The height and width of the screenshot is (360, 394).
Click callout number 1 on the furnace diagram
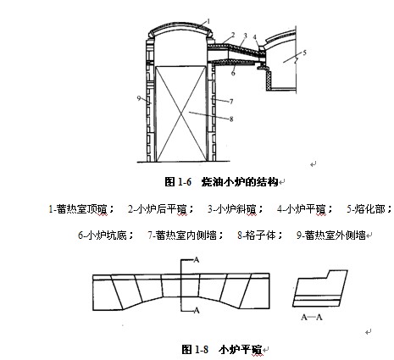point(208,21)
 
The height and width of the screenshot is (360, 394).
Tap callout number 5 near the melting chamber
point(304,53)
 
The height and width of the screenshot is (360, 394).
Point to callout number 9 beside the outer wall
point(139,98)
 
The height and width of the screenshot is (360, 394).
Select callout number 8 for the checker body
point(231,119)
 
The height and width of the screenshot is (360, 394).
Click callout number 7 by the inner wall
point(231,102)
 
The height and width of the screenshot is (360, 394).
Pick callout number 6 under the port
point(233,73)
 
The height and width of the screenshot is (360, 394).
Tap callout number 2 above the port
point(233,35)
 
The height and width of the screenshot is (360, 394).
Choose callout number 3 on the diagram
point(245,36)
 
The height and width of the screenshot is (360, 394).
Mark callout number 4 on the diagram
point(255,37)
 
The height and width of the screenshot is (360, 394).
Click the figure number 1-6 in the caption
point(185,182)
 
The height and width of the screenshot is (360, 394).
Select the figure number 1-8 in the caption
point(202,350)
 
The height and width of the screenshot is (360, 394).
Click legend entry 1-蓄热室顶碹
point(81,209)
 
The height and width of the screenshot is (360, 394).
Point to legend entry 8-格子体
point(260,235)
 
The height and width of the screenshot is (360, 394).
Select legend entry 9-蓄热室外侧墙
point(331,235)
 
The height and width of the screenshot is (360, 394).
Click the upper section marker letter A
point(196,260)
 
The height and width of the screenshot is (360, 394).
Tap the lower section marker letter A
point(197,311)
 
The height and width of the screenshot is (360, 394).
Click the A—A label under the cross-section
point(312,318)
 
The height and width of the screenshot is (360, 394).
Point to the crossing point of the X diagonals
point(181,114)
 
